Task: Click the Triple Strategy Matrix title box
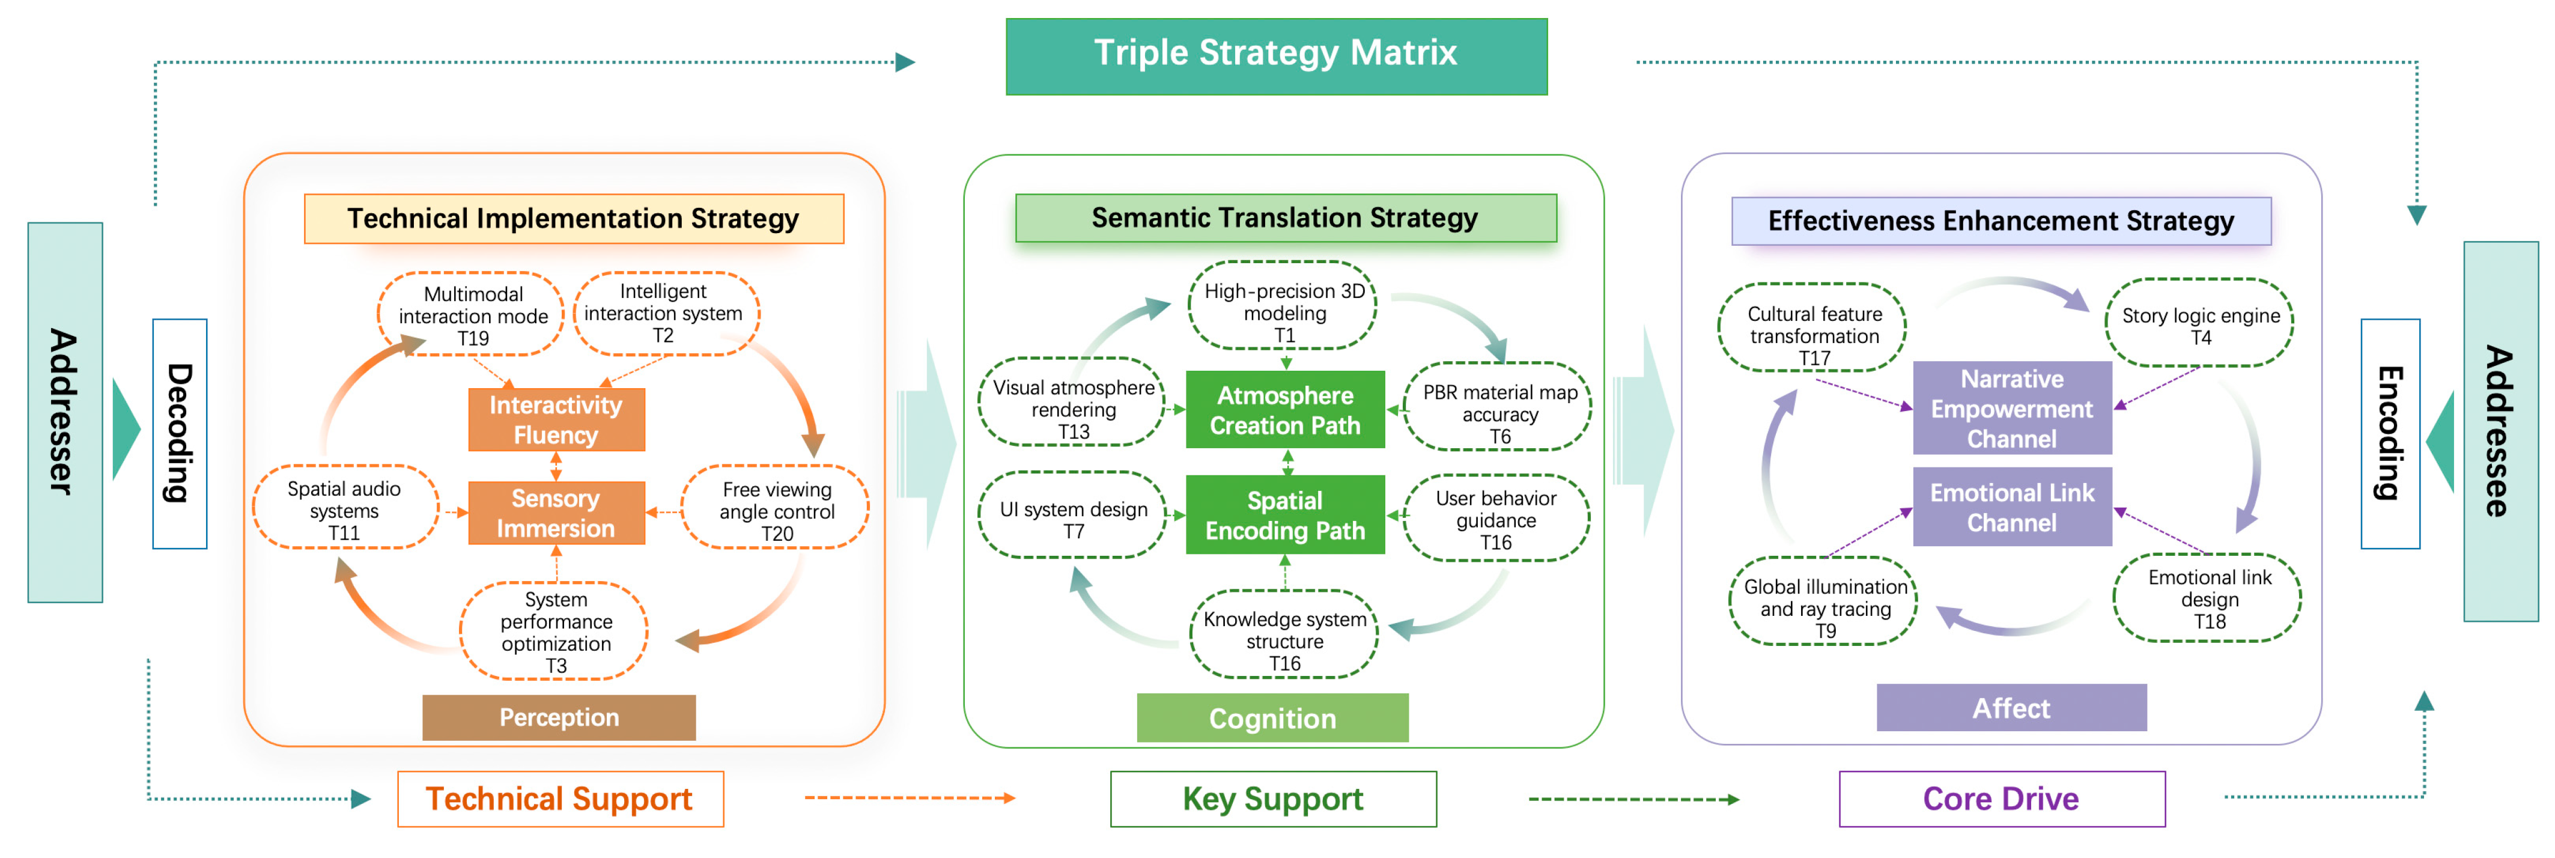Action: (x=1277, y=56)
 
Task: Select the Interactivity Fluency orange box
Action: (x=556, y=419)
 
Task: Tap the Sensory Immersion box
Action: (x=556, y=513)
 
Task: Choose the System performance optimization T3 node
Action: (x=556, y=631)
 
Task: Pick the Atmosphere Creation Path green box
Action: (x=1286, y=410)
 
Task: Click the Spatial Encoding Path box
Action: (x=1286, y=515)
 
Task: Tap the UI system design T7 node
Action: (x=1073, y=515)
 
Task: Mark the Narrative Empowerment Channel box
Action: (x=2013, y=408)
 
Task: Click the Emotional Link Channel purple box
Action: (x=2013, y=507)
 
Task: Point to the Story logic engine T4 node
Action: (x=2200, y=323)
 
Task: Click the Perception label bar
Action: (x=559, y=717)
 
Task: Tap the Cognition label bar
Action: (x=1272, y=718)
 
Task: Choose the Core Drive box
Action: (x=2002, y=799)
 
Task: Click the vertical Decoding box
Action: (x=180, y=433)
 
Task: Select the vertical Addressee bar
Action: (x=2500, y=431)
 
